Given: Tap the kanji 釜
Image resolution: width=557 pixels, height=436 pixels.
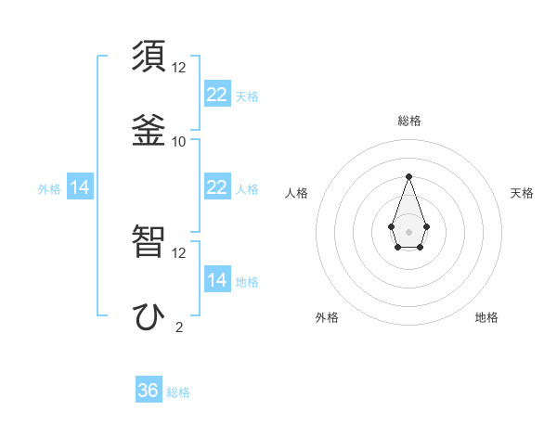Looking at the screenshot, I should pyautogui.click(x=149, y=129).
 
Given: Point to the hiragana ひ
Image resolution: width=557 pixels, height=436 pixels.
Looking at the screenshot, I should pyautogui.click(x=149, y=314).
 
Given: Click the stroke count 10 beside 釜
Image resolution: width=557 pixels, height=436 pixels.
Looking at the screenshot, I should pyautogui.click(x=178, y=141).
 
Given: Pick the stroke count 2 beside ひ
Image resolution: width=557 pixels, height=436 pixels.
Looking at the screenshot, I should pyautogui.click(x=178, y=327).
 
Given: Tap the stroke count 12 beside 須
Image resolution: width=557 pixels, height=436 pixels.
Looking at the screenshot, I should pyautogui.click(x=178, y=68).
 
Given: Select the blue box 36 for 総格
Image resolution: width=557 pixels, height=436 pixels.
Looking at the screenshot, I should pyautogui.click(x=149, y=391).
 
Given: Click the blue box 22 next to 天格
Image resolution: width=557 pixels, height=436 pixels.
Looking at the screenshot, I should pyautogui.click(x=217, y=94).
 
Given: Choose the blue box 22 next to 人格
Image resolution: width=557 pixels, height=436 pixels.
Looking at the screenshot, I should pyautogui.click(x=217, y=186).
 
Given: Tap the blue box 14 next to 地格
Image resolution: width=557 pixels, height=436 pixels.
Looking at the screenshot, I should pyautogui.click(x=217, y=279).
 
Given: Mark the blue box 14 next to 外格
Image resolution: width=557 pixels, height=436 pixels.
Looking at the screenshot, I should pyautogui.click(x=80, y=187).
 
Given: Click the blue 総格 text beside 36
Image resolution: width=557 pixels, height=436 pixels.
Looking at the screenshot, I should pyautogui.click(x=178, y=392).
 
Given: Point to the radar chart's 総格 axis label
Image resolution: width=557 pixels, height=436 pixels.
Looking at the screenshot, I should pyautogui.click(x=409, y=121).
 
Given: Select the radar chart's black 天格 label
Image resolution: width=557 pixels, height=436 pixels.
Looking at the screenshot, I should pyautogui.click(x=522, y=193).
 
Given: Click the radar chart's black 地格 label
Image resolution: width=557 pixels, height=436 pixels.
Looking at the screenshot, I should pyautogui.click(x=486, y=317).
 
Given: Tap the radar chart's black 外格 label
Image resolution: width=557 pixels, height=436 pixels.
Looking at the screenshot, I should pyautogui.click(x=327, y=317).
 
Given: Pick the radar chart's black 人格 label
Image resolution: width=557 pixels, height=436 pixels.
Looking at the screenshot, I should pyautogui.click(x=296, y=193).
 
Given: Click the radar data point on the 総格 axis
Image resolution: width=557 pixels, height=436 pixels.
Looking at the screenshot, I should pyautogui.click(x=408, y=175).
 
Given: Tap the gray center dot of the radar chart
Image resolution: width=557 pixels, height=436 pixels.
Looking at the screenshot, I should pyautogui.click(x=408, y=230).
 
